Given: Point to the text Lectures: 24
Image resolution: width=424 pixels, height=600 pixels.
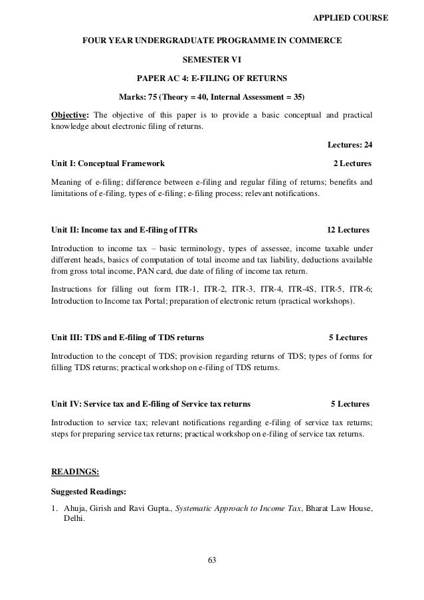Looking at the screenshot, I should (x=350, y=146).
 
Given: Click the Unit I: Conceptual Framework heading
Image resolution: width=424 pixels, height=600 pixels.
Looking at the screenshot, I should (x=109, y=163).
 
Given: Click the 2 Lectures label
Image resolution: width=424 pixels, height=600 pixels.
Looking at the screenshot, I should (x=352, y=163).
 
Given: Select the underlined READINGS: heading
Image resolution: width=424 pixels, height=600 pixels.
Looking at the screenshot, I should (x=75, y=472).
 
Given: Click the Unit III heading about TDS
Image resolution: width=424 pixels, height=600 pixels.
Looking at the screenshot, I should (x=128, y=337).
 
